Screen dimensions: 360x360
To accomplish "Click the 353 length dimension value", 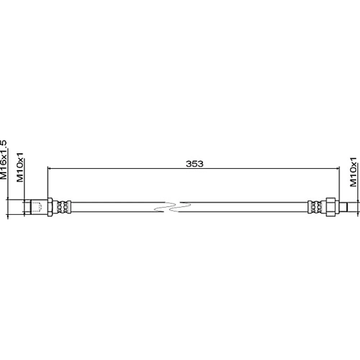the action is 194,164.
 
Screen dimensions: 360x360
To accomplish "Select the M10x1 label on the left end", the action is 20,167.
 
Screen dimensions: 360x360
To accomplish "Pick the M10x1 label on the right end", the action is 354,172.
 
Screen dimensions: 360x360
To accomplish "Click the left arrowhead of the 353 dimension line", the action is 49,168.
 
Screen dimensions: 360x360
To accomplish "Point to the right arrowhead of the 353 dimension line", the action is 337,168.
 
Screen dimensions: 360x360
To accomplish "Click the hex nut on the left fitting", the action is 50,207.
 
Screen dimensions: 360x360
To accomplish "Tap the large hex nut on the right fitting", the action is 330,207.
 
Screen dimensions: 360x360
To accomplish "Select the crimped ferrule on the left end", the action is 62,207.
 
